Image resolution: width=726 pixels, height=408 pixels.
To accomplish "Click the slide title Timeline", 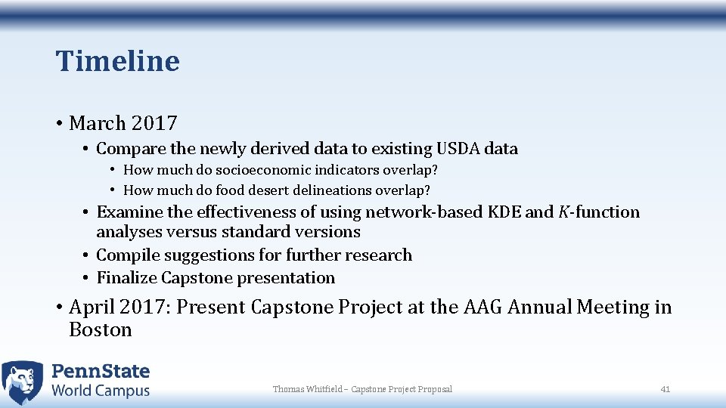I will click(x=117, y=61).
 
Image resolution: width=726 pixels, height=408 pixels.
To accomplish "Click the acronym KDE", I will click(x=502, y=212).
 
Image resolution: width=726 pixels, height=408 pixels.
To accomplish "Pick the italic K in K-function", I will click(x=564, y=212).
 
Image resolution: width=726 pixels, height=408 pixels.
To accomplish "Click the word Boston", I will click(x=101, y=330).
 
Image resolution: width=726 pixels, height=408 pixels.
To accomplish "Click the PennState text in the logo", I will click(x=101, y=372).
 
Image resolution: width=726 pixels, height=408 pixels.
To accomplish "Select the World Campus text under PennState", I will click(x=101, y=391).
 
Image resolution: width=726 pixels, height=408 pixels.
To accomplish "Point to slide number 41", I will click(x=665, y=389).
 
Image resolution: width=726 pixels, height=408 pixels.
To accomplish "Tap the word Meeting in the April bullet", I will click(x=613, y=308).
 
